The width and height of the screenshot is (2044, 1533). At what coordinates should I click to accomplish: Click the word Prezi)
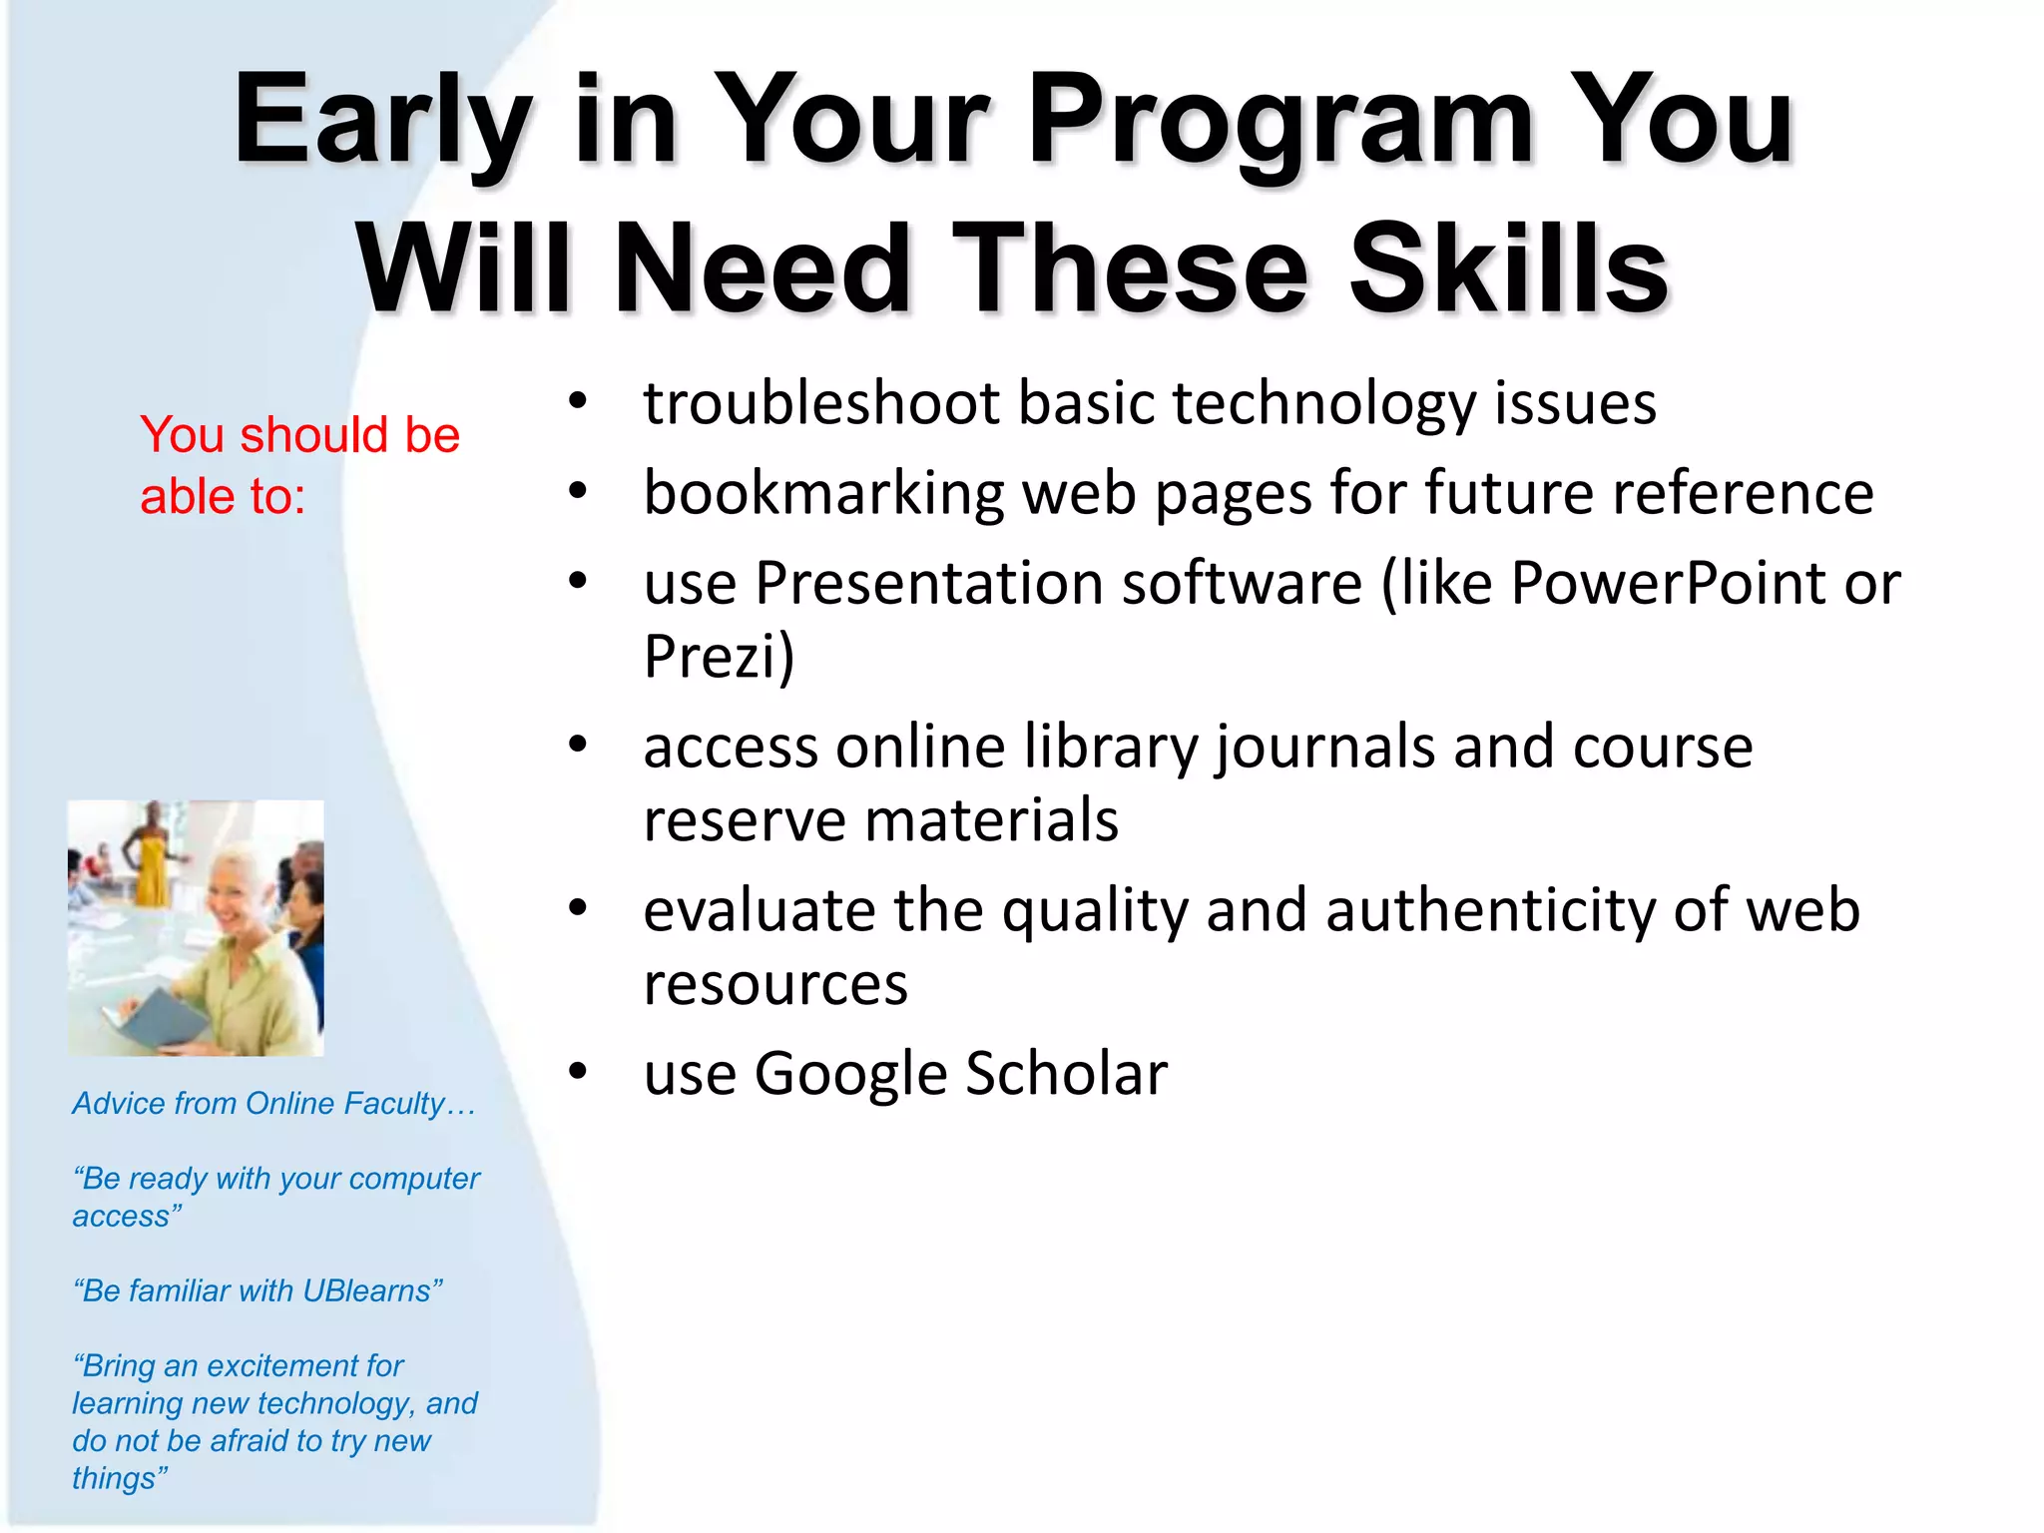tap(719, 657)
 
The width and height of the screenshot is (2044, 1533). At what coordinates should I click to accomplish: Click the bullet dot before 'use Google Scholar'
tap(578, 1072)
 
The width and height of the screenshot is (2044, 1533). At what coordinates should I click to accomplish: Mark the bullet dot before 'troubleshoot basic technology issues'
tap(578, 401)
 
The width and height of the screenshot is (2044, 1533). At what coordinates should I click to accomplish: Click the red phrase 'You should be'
tap(299, 435)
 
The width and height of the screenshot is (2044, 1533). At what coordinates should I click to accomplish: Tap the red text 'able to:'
tap(222, 497)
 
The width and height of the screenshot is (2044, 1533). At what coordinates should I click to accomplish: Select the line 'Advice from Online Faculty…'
tap(273, 1104)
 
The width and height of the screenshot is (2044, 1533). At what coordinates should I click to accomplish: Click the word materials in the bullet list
tap(991, 821)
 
